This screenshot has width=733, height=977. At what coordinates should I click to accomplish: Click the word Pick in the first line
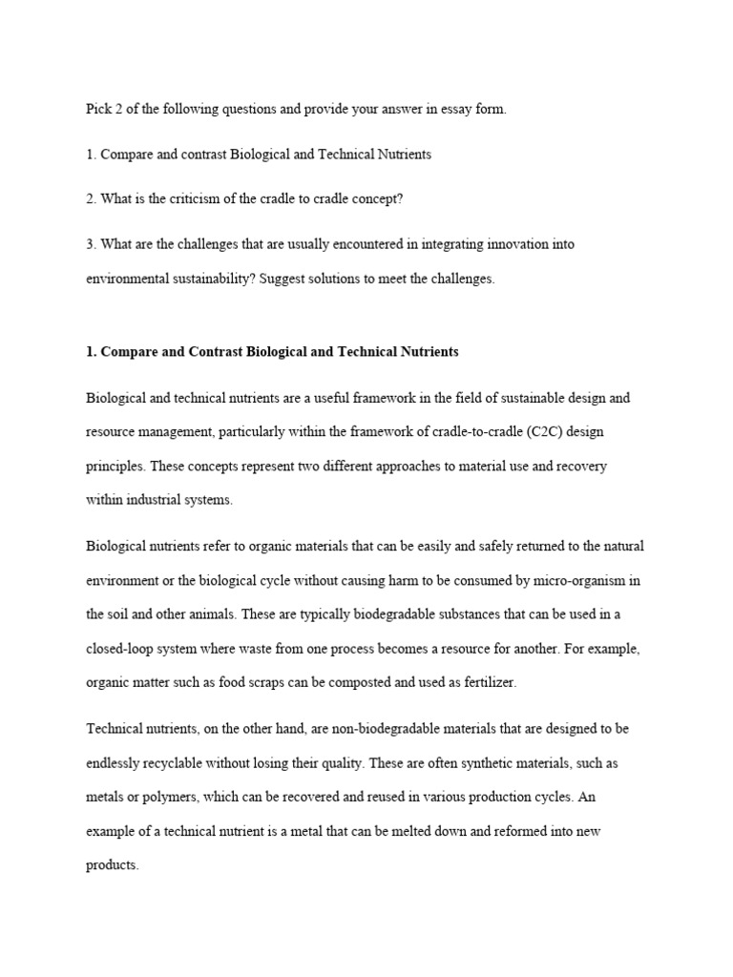point(98,110)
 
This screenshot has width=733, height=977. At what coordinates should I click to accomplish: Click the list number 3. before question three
point(92,244)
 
